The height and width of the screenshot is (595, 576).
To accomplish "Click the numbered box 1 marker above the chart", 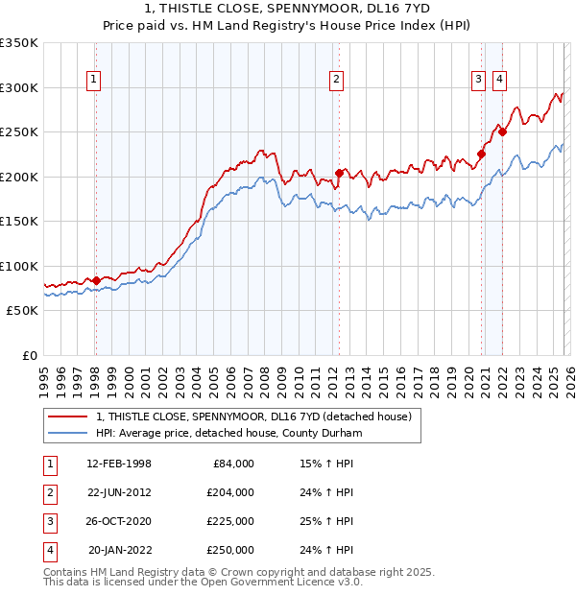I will pos(95,81).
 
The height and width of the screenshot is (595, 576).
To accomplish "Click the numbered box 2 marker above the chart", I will pos(337,81).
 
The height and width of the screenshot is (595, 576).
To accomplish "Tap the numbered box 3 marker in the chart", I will pos(477,81).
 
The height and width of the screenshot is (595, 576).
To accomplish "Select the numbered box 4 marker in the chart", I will pos(499,81).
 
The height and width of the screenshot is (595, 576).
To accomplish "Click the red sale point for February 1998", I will pos(96,280).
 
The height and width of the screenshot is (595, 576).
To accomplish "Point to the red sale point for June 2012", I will pos(339,174).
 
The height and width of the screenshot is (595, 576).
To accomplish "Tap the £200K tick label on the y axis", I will pos(19,177).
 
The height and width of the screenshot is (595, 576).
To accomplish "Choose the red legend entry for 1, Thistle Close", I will pos(253,416).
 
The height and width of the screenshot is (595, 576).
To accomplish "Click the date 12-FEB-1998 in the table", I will pos(119,464).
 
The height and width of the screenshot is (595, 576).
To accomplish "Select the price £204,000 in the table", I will pos(230,492).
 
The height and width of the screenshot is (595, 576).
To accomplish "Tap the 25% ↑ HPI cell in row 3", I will pos(326,521).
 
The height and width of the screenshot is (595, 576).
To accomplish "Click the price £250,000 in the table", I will pos(230,550).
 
